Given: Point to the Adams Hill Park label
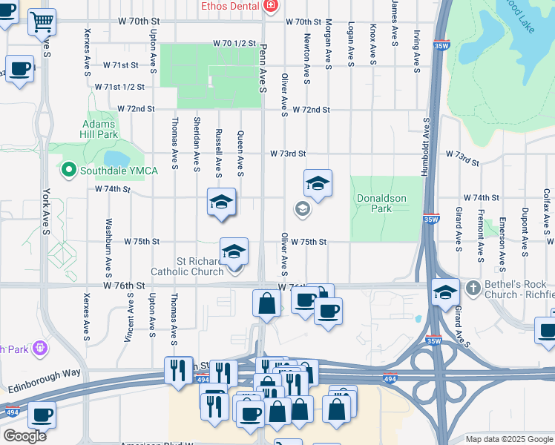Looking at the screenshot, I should pyautogui.click(x=99, y=129).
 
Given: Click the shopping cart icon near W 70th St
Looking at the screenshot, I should pyautogui.click(x=42, y=22).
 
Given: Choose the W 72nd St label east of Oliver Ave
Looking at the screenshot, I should pyautogui.click(x=310, y=110).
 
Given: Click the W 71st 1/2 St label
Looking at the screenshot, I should pyautogui.click(x=119, y=87).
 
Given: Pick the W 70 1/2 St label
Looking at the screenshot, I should pyautogui.click(x=234, y=44).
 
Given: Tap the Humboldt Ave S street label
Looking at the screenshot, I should pyautogui.click(x=426, y=146).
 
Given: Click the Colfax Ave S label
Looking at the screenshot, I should pyautogui.click(x=545, y=210).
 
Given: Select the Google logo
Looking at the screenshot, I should pyautogui.click(x=24, y=436).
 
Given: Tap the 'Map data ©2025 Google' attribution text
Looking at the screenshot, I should pyautogui.click(x=508, y=439).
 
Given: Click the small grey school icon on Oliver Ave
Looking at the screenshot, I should pyautogui.click(x=302, y=209).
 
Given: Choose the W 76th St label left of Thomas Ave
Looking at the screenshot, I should pyautogui.click(x=123, y=286).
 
